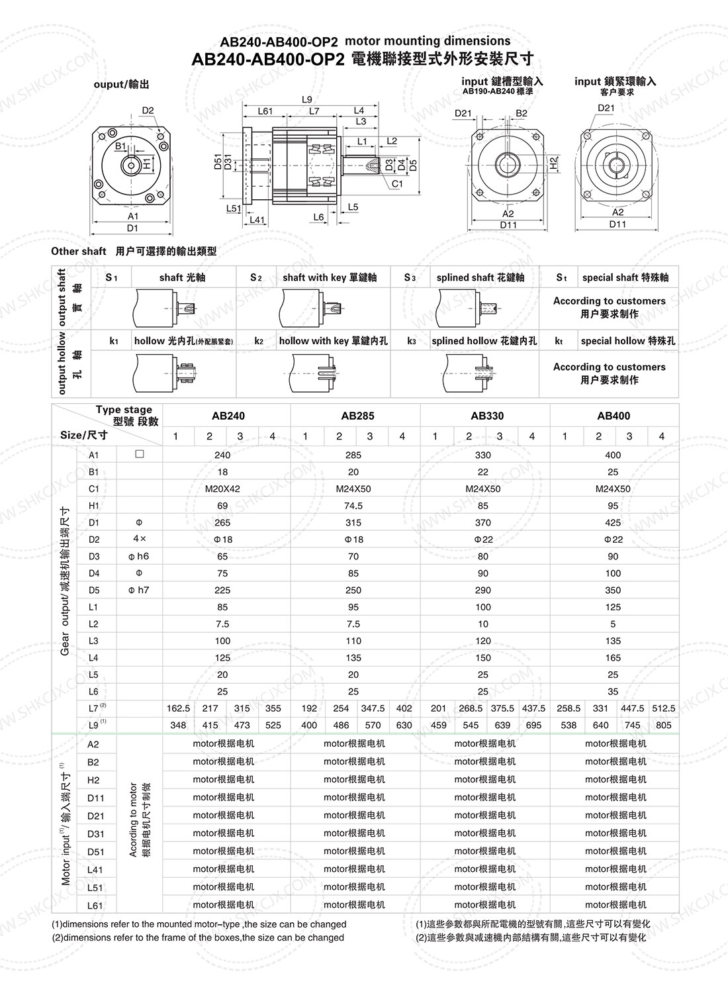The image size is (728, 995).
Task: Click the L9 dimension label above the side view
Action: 307,99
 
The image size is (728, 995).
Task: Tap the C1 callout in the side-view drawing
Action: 397,183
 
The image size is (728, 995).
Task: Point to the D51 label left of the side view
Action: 218,162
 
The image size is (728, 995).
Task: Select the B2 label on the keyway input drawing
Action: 522,113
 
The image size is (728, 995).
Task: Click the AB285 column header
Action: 357,416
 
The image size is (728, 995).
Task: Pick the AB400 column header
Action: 614,416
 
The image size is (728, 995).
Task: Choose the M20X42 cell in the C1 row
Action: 222,489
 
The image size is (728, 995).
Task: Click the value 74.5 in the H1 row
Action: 353,506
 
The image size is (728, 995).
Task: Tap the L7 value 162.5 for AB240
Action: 178,708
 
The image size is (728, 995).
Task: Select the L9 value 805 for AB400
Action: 664,726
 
